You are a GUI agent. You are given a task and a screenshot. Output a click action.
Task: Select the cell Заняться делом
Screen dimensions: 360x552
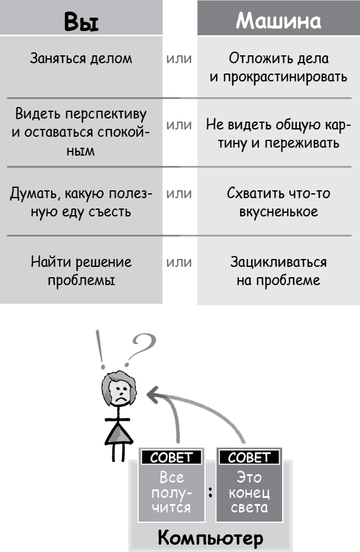(x=81, y=58)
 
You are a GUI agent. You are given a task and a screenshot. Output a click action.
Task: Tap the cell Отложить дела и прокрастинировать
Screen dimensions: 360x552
(x=279, y=67)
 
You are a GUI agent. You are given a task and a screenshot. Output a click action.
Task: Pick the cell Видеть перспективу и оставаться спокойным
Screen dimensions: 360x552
(x=81, y=132)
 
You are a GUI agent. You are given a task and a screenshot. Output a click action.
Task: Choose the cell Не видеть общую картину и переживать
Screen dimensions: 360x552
(x=279, y=134)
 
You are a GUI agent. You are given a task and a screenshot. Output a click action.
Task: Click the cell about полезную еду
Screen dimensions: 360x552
(x=81, y=202)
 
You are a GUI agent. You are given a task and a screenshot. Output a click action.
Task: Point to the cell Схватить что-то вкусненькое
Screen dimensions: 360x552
(x=279, y=202)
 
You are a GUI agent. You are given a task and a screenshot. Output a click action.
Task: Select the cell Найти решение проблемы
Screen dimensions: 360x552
(x=81, y=271)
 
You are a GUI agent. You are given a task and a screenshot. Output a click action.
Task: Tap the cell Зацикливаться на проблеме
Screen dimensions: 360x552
(x=279, y=271)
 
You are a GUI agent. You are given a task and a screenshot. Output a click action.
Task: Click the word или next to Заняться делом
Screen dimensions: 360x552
(x=179, y=58)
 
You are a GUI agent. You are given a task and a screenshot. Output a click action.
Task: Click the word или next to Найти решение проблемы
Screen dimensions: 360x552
(x=179, y=262)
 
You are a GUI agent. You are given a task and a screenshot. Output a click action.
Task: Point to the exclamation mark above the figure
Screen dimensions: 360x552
(x=102, y=349)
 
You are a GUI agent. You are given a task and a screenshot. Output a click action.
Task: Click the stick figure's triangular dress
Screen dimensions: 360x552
(x=119, y=433)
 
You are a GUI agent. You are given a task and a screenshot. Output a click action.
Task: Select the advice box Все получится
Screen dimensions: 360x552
(x=171, y=485)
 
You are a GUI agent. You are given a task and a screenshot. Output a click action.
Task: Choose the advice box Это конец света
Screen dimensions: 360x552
(x=249, y=485)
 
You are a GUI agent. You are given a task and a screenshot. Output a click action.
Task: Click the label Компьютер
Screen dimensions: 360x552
(x=210, y=537)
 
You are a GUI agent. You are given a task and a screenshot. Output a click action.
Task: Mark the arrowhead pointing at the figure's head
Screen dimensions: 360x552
(x=153, y=395)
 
